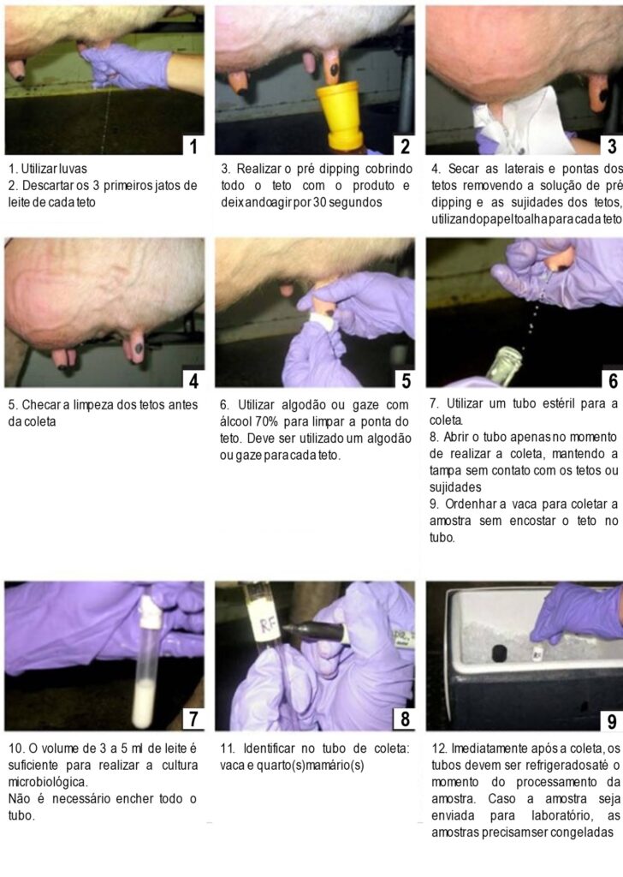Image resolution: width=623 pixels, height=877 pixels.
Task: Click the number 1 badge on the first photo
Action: click(193, 146)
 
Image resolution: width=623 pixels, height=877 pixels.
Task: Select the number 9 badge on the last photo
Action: click(611, 721)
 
